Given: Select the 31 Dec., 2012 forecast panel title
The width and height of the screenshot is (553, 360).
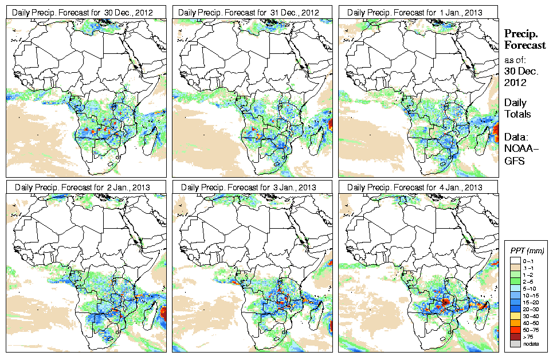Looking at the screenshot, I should (252, 12).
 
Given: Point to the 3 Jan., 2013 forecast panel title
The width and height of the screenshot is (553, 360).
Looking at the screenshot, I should (252, 187).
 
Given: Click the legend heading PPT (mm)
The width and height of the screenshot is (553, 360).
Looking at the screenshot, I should (527, 251).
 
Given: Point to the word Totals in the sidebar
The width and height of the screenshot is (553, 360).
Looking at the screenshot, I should (517, 114).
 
